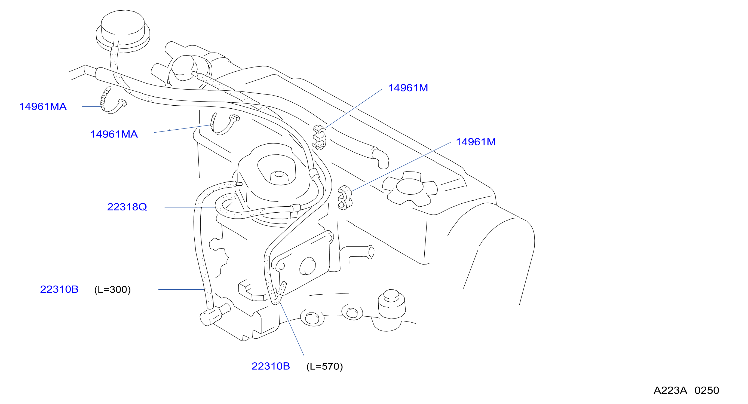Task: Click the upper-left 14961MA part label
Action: [x=43, y=107]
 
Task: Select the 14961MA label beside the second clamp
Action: [x=114, y=134]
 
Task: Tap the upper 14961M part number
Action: [x=408, y=88]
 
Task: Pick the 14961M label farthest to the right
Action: [x=476, y=142]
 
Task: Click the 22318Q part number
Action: [x=127, y=207]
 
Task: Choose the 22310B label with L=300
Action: [x=59, y=289]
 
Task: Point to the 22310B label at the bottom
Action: [x=271, y=366]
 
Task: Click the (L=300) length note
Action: [x=112, y=290]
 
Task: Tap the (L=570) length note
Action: [x=325, y=366]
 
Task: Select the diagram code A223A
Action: [x=670, y=390]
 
